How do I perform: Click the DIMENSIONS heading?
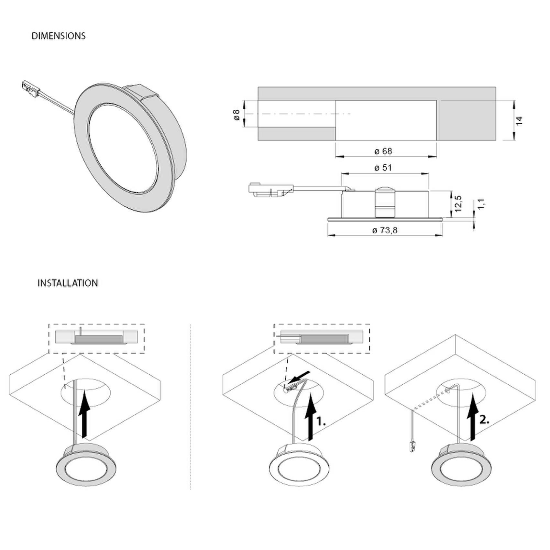click(x=59, y=36)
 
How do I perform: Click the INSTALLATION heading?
click(x=68, y=283)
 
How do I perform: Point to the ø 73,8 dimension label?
click(x=385, y=230)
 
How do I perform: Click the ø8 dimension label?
click(x=237, y=115)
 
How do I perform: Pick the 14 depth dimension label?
click(x=519, y=121)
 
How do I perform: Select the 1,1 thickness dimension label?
click(x=481, y=204)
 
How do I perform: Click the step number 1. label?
click(x=321, y=422)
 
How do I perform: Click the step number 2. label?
click(x=484, y=420)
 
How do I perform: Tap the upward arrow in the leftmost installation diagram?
click(x=84, y=414)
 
